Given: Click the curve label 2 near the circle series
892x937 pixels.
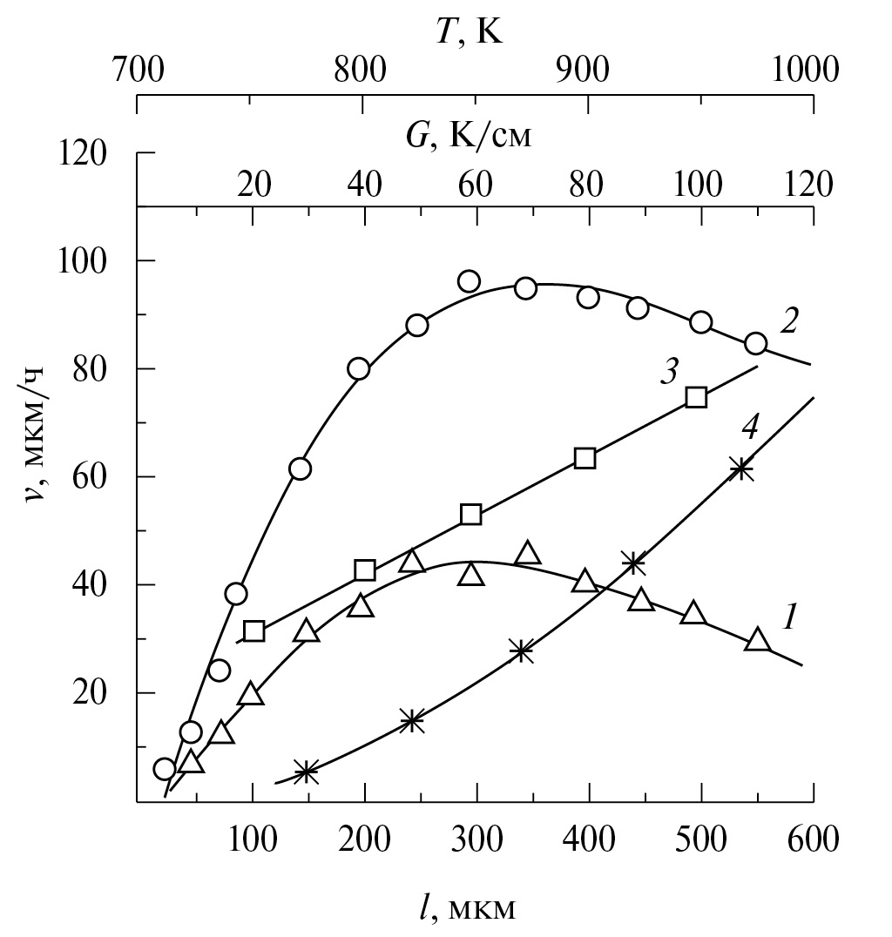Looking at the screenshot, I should [x=788, y=321].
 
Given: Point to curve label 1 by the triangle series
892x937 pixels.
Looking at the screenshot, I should [x=789, y=617].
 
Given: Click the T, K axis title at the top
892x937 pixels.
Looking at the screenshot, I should [x=470, y=32].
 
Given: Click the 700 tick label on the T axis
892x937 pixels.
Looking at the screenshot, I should [x=138, y=68].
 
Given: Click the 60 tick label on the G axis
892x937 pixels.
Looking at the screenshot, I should [x=475, y=184].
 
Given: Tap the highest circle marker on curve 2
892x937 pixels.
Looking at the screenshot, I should [x=470, y=280].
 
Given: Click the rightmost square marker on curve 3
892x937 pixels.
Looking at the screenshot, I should [x=696, y=397].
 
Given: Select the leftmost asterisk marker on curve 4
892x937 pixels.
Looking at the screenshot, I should [x=306, y=771].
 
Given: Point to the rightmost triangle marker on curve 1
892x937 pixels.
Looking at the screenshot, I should [x=758, y=641].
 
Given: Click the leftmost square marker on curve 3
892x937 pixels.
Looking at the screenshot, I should [x=254, y=630].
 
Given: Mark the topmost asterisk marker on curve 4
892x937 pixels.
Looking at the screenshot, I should [x=741, y=469].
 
